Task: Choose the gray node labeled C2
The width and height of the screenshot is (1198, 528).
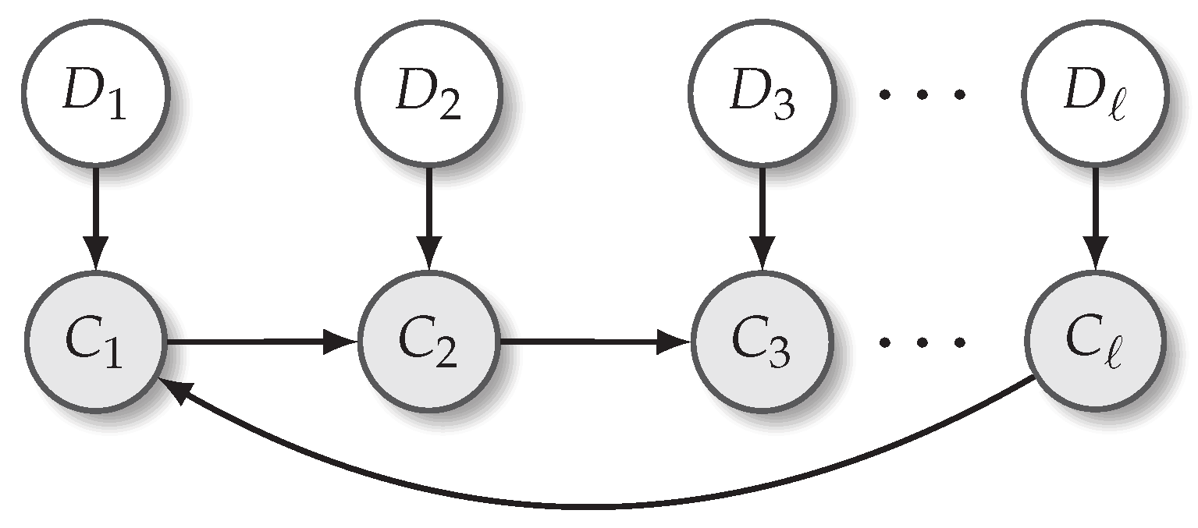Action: [428, 341]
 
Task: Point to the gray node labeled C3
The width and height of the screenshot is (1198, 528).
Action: [762, 341]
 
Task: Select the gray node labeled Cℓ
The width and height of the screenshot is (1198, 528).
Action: [1095, 341]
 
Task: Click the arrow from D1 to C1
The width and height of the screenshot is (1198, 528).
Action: [95, 214]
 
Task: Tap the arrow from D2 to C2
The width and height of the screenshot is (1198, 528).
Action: [428, 214]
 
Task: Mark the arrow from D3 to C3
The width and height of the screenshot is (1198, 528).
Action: [762, 214]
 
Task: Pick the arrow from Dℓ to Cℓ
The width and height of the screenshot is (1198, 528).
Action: [1095, 214]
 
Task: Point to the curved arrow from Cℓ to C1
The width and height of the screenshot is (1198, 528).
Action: [593, 507]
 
